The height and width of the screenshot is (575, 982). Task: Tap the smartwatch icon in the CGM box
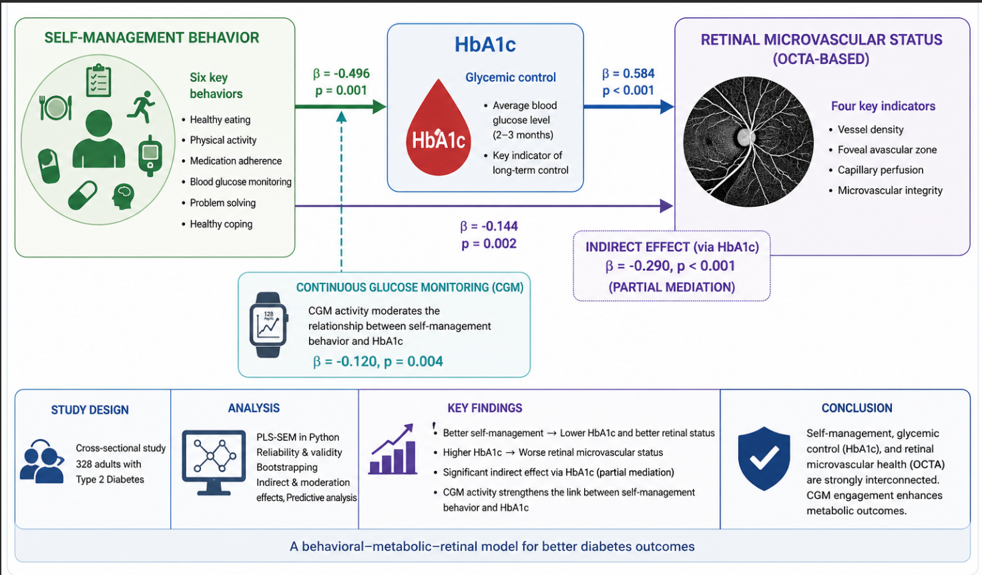tap(268, 325)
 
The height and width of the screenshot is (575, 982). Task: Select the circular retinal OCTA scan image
tap(748, 141)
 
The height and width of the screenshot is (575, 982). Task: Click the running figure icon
tap(141, 107)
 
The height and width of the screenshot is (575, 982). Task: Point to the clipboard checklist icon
tap(99, 80)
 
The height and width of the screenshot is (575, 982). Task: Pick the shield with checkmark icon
tap(764, 458)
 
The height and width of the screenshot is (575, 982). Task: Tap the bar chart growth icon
tap(393, 449)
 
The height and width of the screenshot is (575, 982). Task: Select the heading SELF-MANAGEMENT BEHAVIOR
tap(152, 37)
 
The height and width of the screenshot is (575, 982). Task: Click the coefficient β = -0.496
tap(341, 73)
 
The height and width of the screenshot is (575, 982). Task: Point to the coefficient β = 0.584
tap(628, 73)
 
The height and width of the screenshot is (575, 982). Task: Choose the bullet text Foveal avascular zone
tap(887, 150)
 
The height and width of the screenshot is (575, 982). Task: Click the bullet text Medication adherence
tap(236, 161)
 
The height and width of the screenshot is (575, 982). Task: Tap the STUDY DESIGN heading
tap(90, 410)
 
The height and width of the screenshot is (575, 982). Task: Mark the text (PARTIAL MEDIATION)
tap(672, 287)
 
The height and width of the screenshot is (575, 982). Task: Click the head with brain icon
tap(124, 196)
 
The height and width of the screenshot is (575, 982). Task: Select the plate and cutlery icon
tap(55, 108)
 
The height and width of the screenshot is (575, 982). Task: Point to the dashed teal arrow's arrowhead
tap(341, 117)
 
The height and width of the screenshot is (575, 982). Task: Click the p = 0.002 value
tap(489, 243)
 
